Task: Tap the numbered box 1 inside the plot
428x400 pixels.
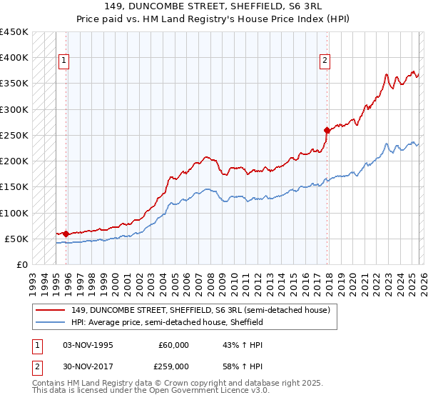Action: pos(63,61)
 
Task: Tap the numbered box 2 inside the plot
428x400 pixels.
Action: pos(325,61)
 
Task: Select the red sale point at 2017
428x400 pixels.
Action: pos(327,130)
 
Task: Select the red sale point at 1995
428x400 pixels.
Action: pos(66,234)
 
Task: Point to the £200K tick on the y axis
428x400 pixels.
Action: pos(14,161)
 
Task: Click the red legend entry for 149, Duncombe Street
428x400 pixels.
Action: pos(200,311)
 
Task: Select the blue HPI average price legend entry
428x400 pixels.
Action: pos(167,323)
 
